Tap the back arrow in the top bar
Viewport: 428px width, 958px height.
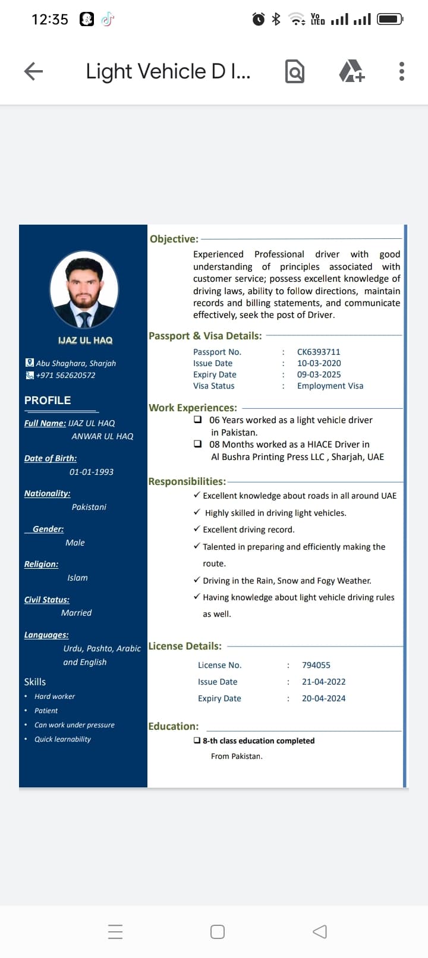pos(34,71)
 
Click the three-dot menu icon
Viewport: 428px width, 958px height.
pos(402,71)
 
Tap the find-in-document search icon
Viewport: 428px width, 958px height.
pos(295,71)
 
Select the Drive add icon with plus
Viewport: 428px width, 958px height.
pos(351,71)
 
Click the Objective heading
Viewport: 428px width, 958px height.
pos(174,239)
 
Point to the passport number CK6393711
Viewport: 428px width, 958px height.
pos(319,352)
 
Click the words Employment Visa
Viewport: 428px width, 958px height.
pos(330,386)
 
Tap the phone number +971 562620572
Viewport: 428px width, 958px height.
pos(65,375)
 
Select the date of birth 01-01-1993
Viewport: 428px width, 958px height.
pos(92,472)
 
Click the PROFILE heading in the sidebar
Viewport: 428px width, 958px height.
pos(48,401)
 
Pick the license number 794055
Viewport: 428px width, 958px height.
pos(316,665)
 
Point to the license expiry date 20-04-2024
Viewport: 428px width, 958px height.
pos(323,698)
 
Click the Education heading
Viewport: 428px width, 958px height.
pos(174,726)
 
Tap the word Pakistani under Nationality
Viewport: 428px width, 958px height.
pos(89,507)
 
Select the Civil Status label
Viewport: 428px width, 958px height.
pos(47,600)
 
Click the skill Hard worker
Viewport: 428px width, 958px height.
pos(55,697)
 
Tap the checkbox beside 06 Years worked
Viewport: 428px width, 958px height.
pos(198,420)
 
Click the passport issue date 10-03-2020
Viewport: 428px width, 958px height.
pos(319,363)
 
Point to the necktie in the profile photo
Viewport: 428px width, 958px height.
pos(84,319)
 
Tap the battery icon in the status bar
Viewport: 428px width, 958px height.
pos(390,19)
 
